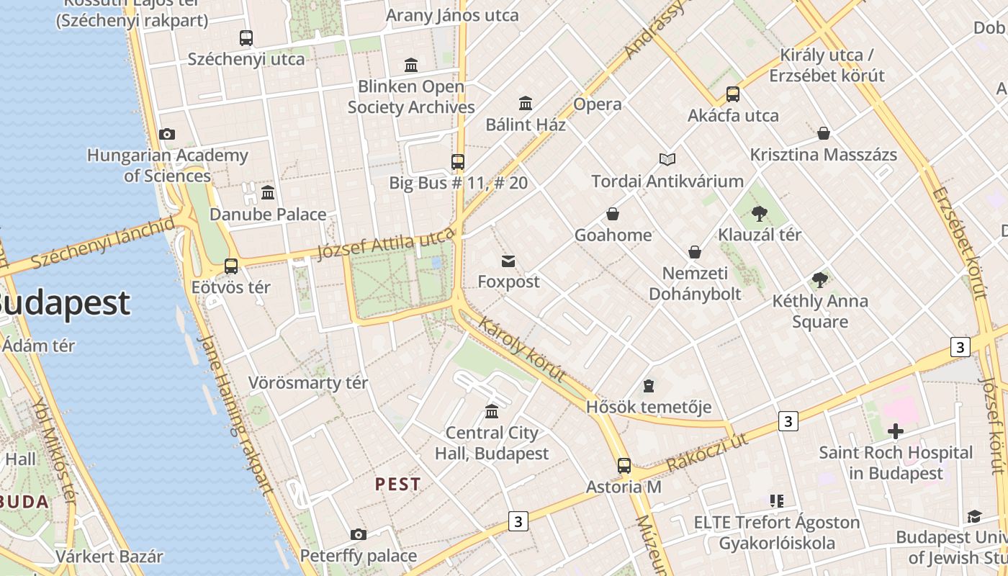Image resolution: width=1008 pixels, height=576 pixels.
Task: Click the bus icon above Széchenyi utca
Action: (246, 38)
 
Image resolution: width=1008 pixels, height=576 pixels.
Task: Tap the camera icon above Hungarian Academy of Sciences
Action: (167, 135)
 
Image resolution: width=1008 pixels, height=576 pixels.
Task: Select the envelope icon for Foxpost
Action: (508, 261)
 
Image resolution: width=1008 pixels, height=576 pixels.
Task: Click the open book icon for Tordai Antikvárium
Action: (667, 159)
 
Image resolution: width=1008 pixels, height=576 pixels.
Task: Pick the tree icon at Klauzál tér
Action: (759, 213)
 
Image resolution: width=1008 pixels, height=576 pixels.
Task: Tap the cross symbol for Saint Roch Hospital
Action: (896, 431)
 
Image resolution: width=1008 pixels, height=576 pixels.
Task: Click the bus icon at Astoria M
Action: (624, 466)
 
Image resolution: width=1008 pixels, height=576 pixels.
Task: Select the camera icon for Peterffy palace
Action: (358, 534)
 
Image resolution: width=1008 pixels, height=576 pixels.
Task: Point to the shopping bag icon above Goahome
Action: (613, 214)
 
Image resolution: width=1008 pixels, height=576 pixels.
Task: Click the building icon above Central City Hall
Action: (492, 411)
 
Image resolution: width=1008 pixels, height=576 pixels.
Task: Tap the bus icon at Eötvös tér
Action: (231, 266)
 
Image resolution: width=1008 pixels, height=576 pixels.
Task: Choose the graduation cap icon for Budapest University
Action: (974, 516)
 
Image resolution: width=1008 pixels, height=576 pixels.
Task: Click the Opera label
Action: (597, 104)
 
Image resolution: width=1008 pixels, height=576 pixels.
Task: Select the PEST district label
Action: (397, 485)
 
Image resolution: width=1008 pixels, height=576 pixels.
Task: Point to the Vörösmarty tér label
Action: (308, 383)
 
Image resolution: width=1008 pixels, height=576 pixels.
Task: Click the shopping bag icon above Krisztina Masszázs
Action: (824, 133)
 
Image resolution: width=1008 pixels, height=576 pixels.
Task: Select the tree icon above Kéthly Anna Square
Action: (819, 280)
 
